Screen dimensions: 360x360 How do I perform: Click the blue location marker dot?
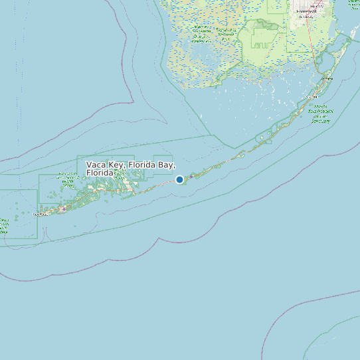[x=179, y=179]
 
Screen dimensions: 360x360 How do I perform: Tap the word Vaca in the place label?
[x=97, y=164]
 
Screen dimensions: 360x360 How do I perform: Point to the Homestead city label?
[x=308, y=11]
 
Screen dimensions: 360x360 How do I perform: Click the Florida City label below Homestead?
[x=308, y=17]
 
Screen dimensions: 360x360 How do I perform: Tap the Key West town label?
[x=41, y=214]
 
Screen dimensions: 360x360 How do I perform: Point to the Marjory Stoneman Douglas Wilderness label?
[x=226, y=34]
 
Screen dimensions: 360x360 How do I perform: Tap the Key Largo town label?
[x=325, y=78]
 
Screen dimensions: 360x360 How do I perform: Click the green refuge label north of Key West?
[x=68, y=177]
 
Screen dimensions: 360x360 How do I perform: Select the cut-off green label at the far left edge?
[x=4, y=226]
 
